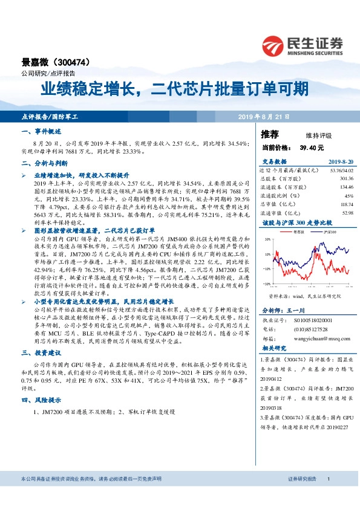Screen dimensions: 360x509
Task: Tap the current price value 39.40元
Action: click(x=312, y=148)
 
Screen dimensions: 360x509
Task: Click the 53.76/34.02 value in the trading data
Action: click(x=339, y=170)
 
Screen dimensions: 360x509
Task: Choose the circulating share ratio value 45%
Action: click(x=348, y=196)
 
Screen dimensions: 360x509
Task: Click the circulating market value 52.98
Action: click(x=347, y=213)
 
